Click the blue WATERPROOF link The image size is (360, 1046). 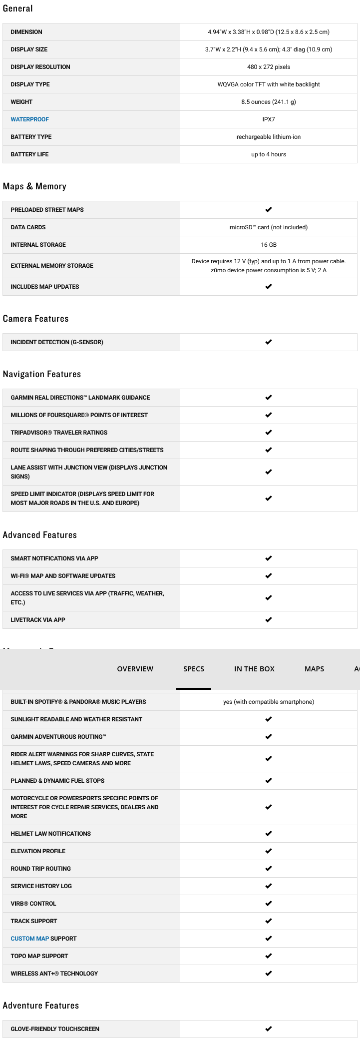point(29,119)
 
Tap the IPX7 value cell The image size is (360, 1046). point(269,119)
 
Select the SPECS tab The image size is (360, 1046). point(194,669)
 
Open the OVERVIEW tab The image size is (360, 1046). point(135,669)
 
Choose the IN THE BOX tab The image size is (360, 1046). point(254,669)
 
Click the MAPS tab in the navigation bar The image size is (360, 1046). point(314,669)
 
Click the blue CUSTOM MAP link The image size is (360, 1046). point(29,939)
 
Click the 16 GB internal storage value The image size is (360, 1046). point(269,245)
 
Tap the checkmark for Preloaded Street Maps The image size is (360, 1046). point(269,210)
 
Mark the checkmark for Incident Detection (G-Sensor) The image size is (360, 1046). point(269,342)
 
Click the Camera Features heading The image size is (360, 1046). point(35,319)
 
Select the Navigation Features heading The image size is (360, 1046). point(41,374)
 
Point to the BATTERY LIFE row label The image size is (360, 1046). point(29,154)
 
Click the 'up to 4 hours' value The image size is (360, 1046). point(269,154)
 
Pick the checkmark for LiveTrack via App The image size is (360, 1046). point(269,620)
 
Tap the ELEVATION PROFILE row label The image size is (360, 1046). point(38,851)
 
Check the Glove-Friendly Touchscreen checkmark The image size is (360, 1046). point(269,1029)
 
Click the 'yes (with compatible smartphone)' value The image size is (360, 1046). point(269,702)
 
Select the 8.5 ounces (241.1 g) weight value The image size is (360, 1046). point(269,102)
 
